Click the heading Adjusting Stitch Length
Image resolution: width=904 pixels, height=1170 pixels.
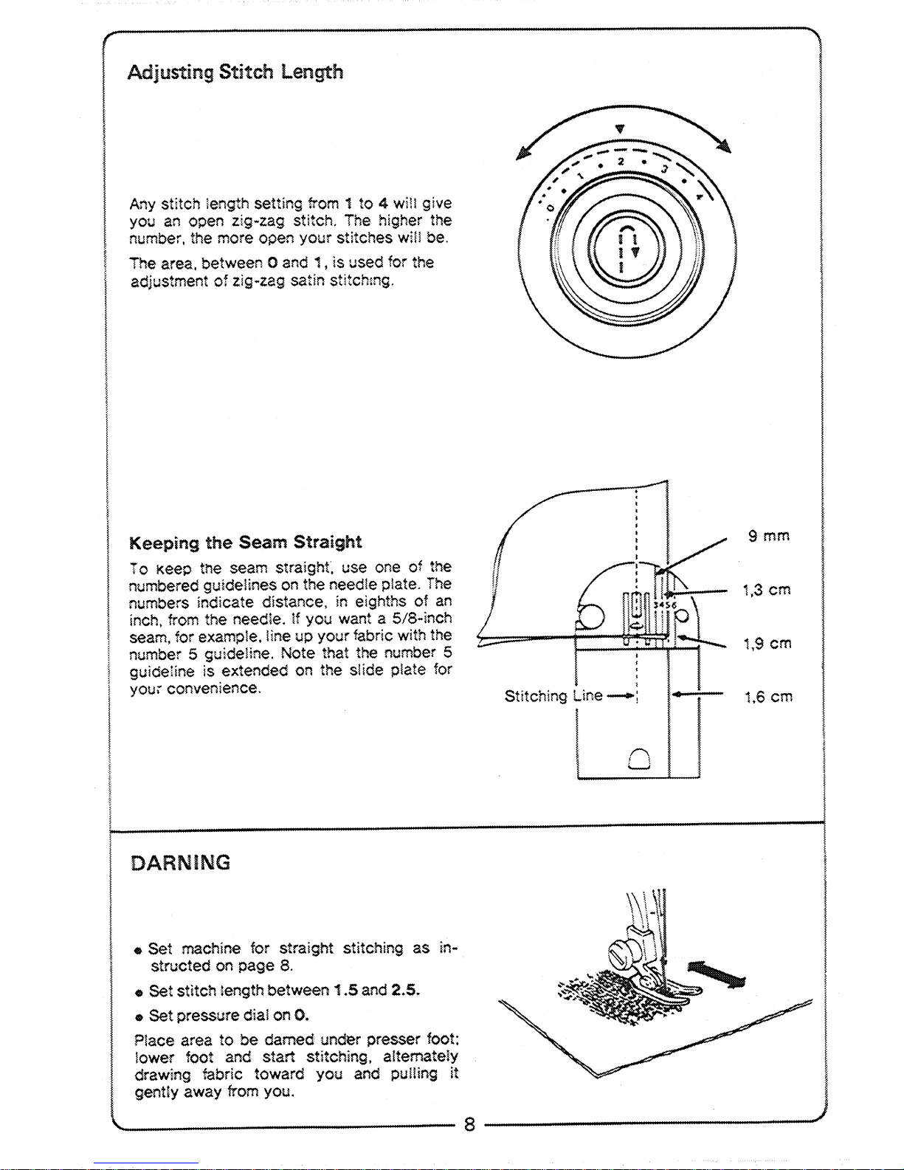pos(235,72)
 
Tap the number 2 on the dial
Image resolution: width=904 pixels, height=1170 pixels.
pos(621,162)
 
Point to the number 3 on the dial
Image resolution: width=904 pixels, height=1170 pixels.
pos(665,169)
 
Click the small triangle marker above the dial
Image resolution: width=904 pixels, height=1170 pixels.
pos(620,129)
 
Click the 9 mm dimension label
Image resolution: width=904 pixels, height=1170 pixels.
pos(769,536)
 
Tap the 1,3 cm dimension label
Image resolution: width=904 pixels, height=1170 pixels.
pos(767,590)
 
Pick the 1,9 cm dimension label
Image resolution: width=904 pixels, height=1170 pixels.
pos(767,644)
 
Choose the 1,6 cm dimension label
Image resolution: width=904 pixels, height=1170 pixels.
pos(768,698)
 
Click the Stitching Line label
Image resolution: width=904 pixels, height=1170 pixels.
pos(553,696)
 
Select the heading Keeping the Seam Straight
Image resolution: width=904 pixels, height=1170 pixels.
pos(245,543)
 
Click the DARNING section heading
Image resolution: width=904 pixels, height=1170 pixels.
pos(180,863)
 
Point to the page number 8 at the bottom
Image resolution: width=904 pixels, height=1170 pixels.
pos(469,1124)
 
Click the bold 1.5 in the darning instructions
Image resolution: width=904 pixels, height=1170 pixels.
pos(345,990)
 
